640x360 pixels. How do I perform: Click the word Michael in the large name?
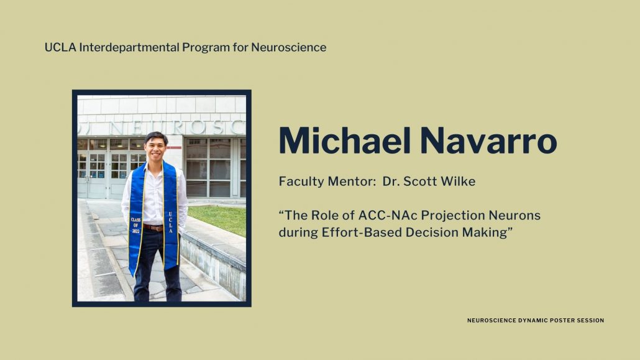(x=344, y=141)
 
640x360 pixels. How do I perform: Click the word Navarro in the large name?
(x=488, y=141)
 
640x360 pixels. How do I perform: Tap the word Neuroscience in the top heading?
(x=288, y=47)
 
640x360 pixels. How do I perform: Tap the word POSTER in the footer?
(x=562, y=320)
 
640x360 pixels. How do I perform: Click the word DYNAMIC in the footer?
(x=533, y=320)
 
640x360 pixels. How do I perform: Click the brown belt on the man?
(x=153, y=228)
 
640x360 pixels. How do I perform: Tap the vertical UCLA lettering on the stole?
(x=170, y=223)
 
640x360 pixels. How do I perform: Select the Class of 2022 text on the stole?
(x=135, y=225)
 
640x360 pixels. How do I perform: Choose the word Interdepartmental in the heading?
(x=129, y=47)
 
